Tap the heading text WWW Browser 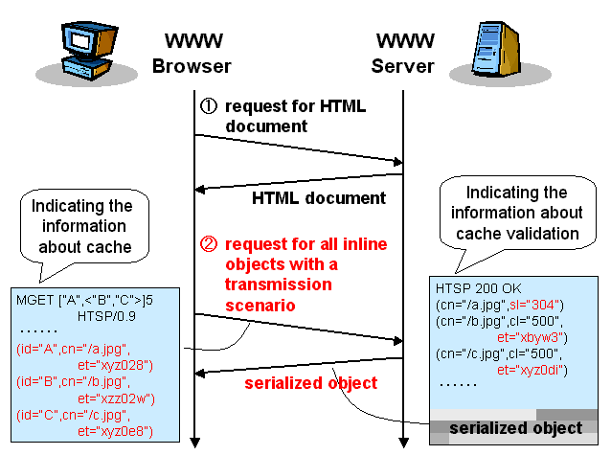pos(192,54)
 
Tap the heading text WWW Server pos(403,54)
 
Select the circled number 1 pos(208,105)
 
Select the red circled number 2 pos(208,243)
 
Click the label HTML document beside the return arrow pos(319,199)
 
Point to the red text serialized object pos(310,383)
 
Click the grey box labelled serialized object pos(515,428)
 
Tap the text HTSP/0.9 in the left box pos(102,314)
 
